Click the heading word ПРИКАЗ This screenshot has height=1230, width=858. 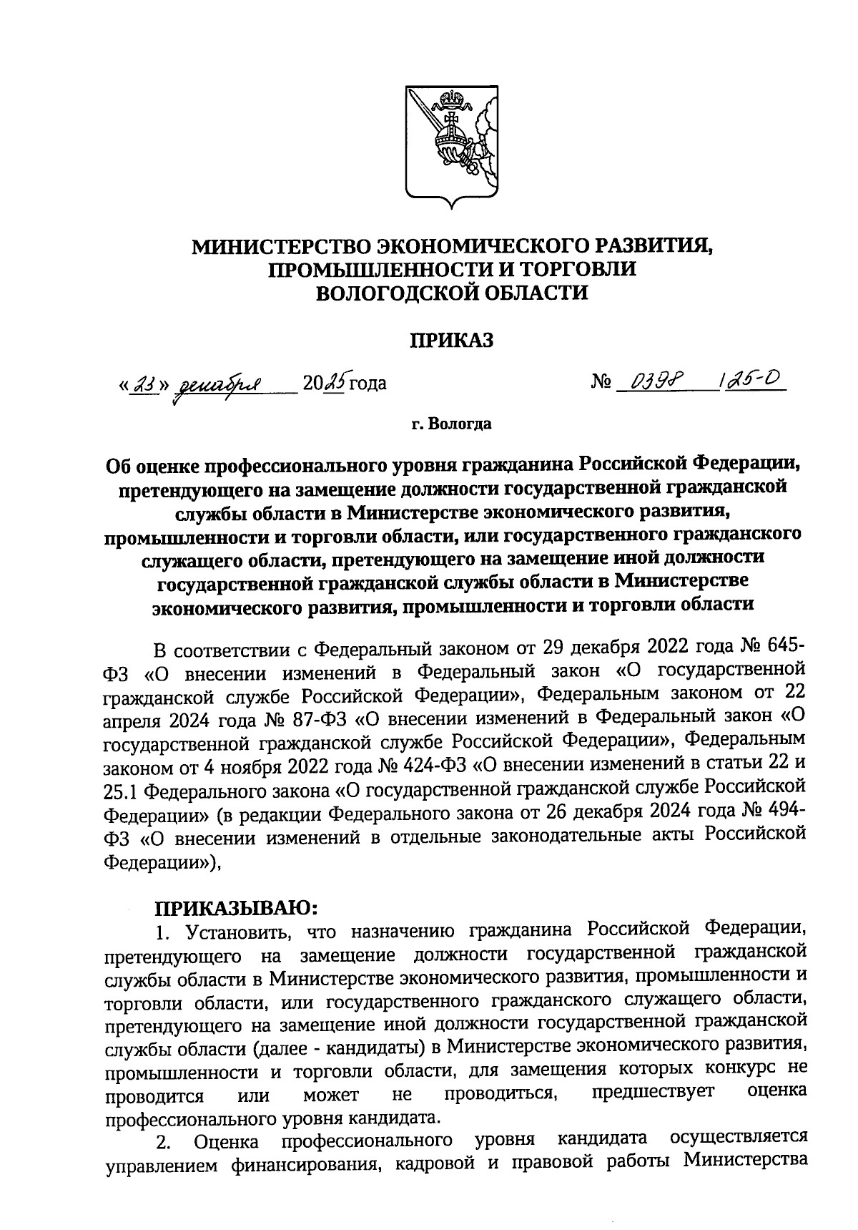451,341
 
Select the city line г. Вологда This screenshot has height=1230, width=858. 451,424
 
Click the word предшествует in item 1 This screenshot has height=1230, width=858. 653,1093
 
